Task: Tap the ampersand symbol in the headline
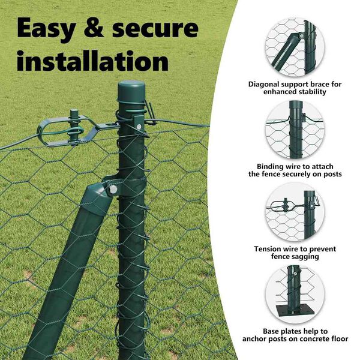[94, 27]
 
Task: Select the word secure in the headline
[155, 29]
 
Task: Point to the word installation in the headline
[92, 61]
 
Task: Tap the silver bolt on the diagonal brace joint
[113, 190]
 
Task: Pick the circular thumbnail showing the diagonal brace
[295, 47]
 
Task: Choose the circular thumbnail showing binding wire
[295, 130]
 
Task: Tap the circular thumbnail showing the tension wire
[295, 212]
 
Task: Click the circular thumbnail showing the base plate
[295, 295]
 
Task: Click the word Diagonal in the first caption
[264, 85]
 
